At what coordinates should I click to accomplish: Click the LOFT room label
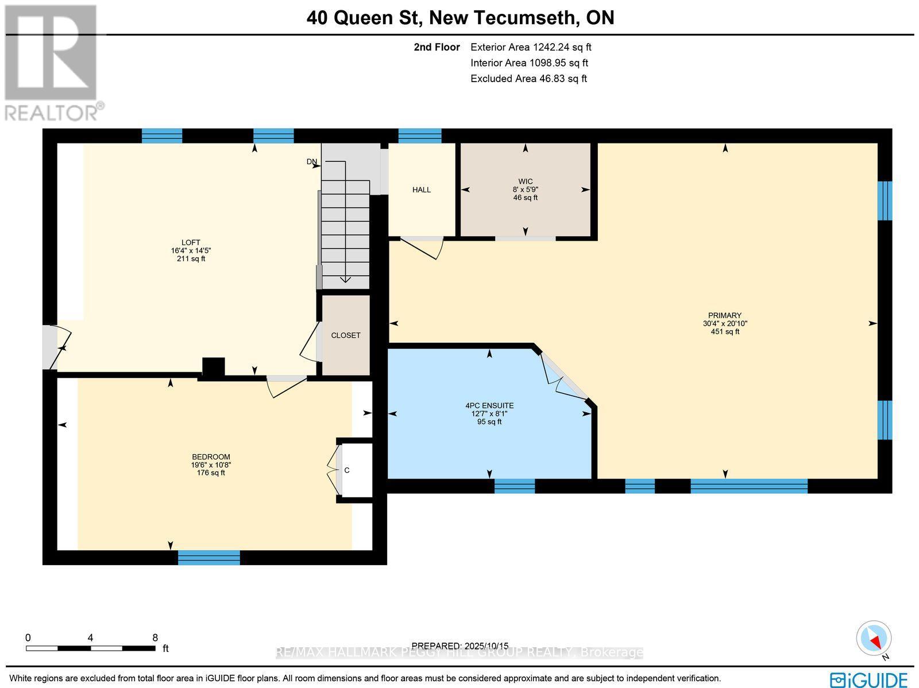click(191, 242)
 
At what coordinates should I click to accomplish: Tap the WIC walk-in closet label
click(525, 181)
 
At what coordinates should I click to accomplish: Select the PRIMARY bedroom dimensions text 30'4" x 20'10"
click(725, 323)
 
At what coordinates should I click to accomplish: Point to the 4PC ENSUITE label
click(489, 405)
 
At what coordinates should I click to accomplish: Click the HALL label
click(421, 190)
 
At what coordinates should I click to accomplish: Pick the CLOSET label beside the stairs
click(346, 335)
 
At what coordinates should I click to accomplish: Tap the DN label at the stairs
click(311, 162)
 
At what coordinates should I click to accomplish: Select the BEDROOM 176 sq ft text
click(211, 473)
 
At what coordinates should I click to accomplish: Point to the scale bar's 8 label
click(155, 637)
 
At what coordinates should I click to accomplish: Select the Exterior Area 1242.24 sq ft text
click(531, 48)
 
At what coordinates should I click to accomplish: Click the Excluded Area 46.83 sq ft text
click(528, 79)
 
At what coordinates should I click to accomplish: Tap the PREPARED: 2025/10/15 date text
click(460, 646)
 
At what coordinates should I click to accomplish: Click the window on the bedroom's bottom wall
click(208, 557)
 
